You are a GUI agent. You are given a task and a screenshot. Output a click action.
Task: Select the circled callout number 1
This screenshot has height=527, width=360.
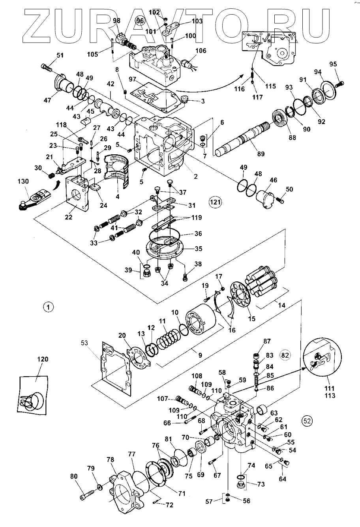point(48,307)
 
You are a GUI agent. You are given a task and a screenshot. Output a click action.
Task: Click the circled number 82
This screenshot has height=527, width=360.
point(285,355)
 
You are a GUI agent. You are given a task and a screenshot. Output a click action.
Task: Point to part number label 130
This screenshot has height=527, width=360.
point(23,181)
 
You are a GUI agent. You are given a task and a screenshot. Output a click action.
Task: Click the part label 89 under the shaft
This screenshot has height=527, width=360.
point(261,154)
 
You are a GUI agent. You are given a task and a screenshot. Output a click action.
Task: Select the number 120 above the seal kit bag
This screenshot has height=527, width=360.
point(43,359)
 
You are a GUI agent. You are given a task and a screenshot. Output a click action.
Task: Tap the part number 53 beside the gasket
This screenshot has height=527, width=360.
point(84,343)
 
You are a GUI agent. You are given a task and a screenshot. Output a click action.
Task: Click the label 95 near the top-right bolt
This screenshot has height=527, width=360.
point(333,64)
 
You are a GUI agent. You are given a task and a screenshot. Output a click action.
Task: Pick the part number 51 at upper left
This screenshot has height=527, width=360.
point(60,55)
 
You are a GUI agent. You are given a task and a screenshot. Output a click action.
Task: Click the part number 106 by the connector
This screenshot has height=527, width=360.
point(201,51)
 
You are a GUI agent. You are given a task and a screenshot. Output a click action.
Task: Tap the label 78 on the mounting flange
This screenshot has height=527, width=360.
point(110,459)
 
